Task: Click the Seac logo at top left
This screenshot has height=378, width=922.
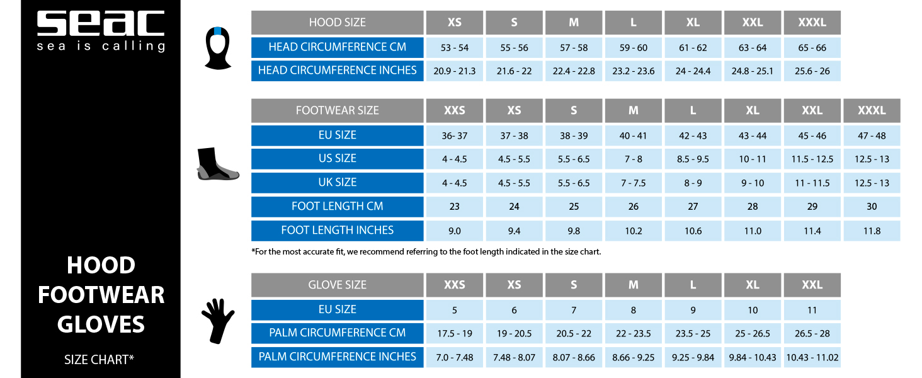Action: [101, 31]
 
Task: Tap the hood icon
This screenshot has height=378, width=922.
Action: [218, 48]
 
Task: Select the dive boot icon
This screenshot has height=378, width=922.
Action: [218, 164]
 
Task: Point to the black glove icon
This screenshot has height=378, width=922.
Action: [218, 321]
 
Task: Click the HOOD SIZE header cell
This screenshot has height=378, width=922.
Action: [337, 23]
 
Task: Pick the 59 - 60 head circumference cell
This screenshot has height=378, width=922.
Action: [633, 48]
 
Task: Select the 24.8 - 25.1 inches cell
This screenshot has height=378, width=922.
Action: [753, 71]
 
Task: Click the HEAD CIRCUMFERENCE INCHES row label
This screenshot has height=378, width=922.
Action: [337, 71]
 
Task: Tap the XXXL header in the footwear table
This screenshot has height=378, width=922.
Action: [872, 110]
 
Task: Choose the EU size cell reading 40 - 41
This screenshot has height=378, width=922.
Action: [633, 136]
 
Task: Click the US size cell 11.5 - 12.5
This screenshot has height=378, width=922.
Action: [812, 159]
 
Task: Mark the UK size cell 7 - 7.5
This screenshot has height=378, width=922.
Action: [633, 183]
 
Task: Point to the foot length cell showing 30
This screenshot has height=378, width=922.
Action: [872, 207]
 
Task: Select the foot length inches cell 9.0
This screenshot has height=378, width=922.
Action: [455, 231]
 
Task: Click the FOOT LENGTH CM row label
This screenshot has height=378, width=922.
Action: [337, 207]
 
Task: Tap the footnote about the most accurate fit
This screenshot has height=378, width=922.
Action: [426, 251]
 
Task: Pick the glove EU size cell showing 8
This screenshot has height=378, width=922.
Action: [633, 310]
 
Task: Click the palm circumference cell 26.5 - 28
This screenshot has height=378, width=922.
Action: [812, 333]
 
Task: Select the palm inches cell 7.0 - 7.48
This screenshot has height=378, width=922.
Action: [455, 357]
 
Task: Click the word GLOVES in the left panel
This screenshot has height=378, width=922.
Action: [101, 324]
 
